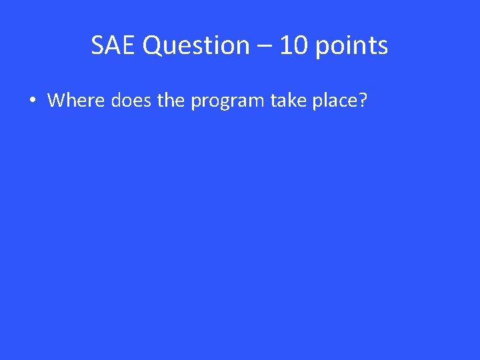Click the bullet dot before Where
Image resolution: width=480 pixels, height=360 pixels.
(x=31, y=101)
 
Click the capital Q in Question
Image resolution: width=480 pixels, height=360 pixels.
(x=152, y=46)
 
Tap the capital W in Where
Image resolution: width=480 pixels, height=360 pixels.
(x=57, y=101)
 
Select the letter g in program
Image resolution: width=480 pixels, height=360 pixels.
(x=223, y=103)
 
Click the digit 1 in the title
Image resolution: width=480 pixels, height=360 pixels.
(x=285, y=46)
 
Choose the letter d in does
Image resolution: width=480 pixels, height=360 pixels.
(x=117, y=101)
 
